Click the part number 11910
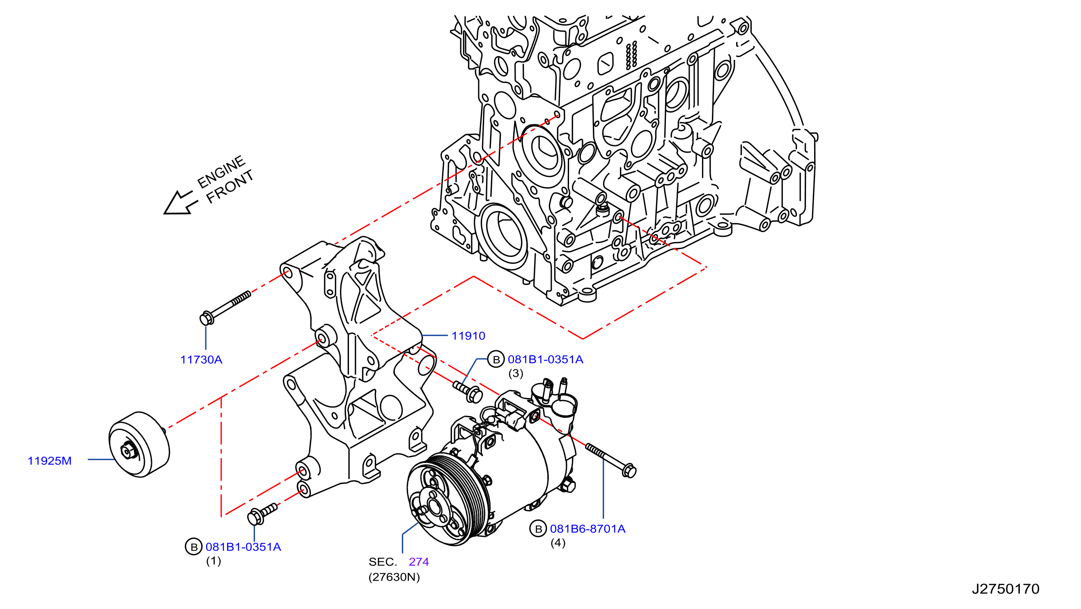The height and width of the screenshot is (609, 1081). point(468,336)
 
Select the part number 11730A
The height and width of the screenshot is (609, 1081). point(201,360)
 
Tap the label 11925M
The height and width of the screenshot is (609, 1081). point(50,461)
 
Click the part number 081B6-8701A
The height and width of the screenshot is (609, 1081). point(588,529)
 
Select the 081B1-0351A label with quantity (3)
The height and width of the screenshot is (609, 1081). point(545,359)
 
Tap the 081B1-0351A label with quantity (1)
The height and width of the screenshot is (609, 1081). point(243,547)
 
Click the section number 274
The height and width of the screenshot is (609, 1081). point(418,562)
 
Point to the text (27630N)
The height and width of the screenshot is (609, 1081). point(394,577)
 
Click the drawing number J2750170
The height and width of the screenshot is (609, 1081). point(1005,589)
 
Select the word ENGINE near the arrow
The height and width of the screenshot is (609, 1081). point(221,172)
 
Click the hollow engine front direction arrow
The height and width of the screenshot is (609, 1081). point(180,203)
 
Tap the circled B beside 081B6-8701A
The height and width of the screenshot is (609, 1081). point(538,529)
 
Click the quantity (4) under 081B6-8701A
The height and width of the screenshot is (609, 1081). point(558,543)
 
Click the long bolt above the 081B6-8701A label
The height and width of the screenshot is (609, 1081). point(611,460)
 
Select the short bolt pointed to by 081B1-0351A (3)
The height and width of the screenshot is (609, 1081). point(468,391)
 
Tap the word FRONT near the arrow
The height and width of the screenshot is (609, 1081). point(230,187)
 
